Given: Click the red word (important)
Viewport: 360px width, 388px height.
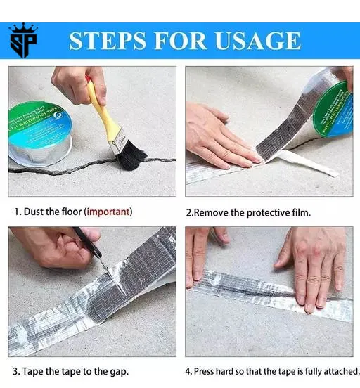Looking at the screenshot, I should (108, 212).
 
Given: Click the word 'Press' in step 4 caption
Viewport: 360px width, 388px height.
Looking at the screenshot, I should (209, 371).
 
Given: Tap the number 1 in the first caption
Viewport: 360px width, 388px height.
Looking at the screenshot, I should (16, 212).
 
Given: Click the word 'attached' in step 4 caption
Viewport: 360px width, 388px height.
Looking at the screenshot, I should (339, 371).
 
